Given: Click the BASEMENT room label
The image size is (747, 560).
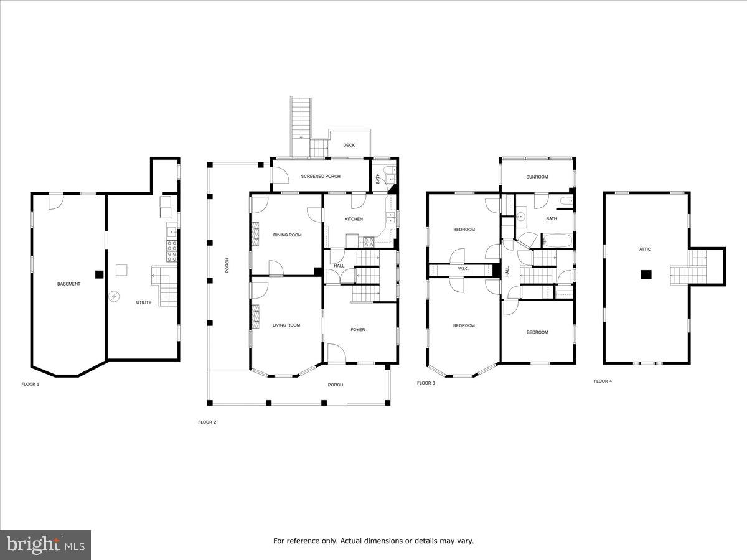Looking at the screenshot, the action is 68,284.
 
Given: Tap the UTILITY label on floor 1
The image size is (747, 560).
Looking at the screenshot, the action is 144,302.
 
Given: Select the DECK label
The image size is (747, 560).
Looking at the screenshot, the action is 349,145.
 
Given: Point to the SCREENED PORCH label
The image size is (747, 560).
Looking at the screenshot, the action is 321,177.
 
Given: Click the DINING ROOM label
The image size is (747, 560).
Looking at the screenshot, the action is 287,235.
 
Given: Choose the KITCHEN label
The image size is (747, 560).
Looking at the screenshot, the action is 354,219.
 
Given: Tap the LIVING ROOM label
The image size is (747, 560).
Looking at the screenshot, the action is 286,325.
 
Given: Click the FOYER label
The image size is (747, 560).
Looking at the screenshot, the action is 358,330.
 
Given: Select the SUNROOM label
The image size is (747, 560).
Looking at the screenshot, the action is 537,177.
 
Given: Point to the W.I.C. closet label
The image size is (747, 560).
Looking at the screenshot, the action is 464,269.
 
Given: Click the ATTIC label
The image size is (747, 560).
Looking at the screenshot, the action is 645,250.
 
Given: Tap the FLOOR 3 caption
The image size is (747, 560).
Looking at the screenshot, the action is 426,383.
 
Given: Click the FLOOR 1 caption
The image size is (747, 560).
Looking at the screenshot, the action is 31,384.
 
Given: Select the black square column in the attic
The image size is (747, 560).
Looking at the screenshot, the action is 646,274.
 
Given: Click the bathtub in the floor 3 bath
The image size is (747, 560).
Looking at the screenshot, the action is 557,241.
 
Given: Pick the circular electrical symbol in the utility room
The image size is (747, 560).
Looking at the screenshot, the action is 114,297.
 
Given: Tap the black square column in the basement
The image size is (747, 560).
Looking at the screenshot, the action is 99,274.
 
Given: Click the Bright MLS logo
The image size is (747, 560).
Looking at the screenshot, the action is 45,545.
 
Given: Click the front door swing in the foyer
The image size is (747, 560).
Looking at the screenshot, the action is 337,353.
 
